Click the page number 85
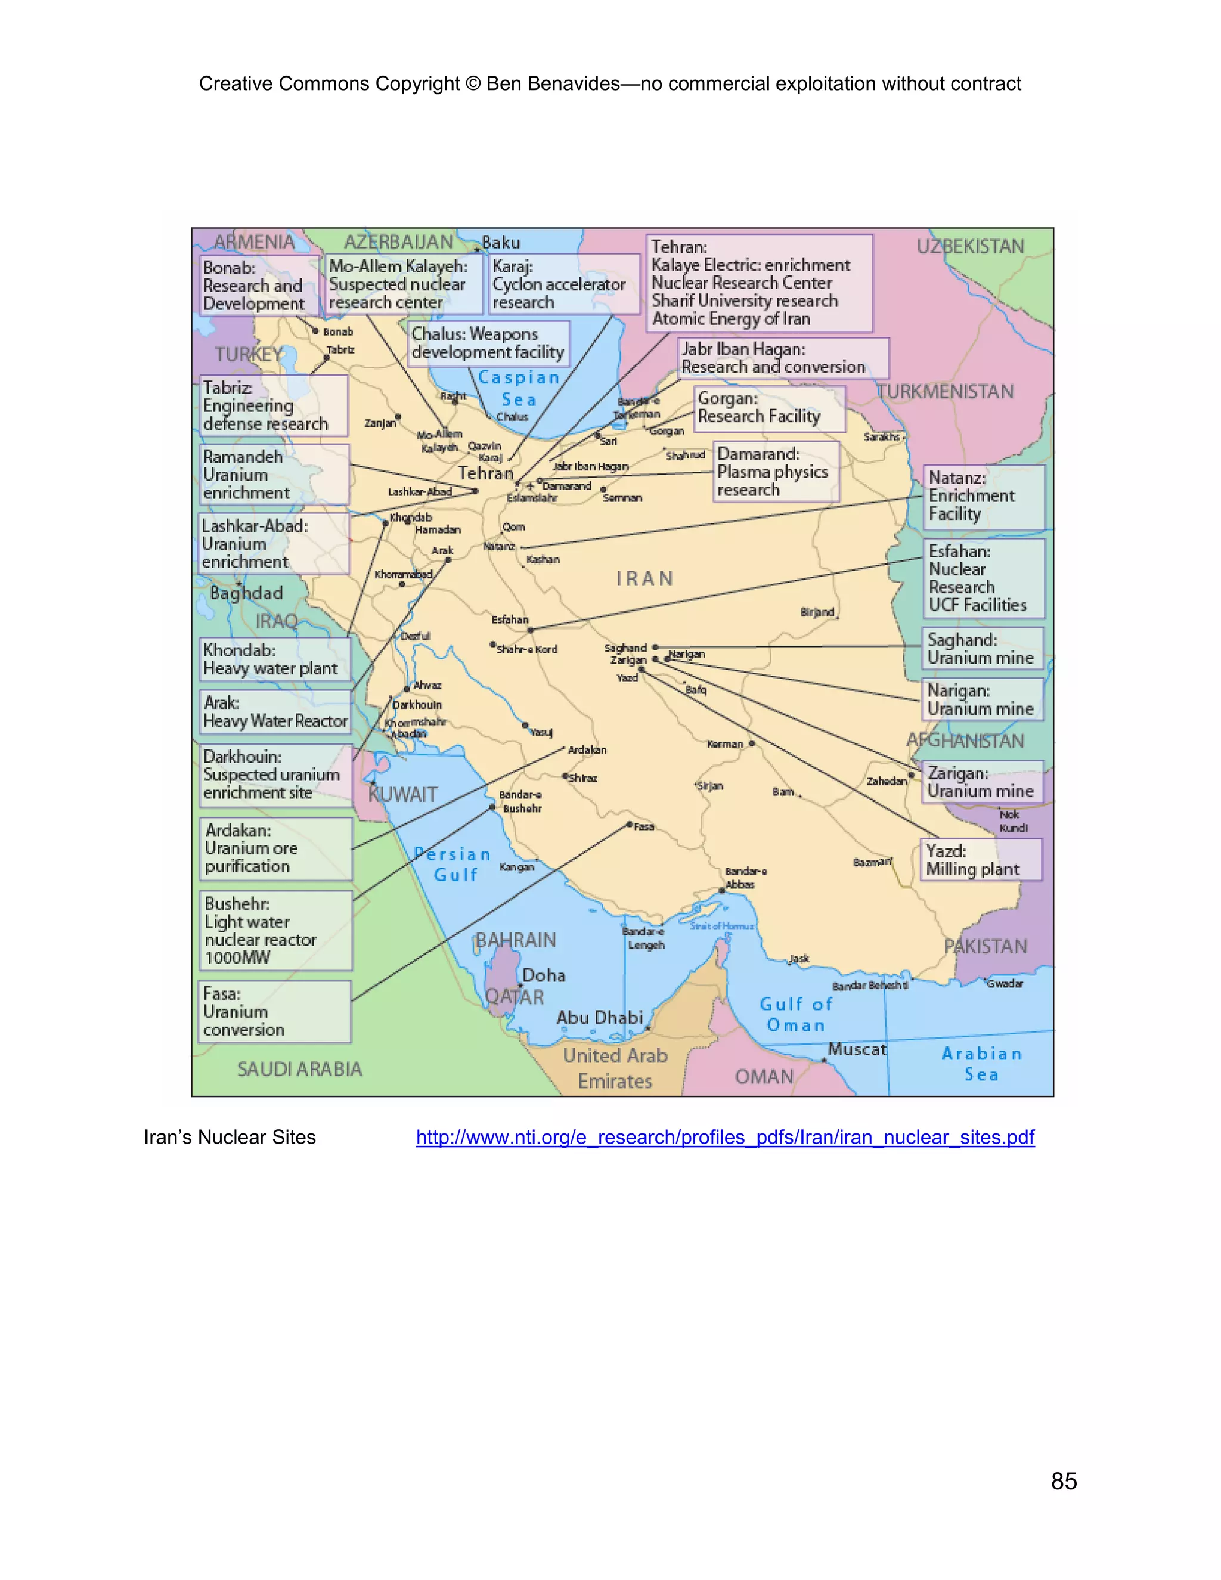pos(1064,1481)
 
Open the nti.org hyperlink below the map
pos(725,1137)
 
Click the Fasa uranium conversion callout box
pos(275,1011)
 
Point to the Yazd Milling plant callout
pos(981,859)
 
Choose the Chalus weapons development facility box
pos(488,343)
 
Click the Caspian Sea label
pos(519,389)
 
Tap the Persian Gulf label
pos(454,865)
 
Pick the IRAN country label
pos(644,579)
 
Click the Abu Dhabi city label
pos(599,1017)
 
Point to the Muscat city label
pos(857,1049)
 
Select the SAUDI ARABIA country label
pos(299,1069)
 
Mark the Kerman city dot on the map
pos(752,743)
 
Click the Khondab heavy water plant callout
pos(275,659)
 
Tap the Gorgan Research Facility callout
pos(769,408)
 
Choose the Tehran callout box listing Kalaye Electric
pos(759,283)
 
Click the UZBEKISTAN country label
pos(970,247)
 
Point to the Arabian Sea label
pos(981,1064)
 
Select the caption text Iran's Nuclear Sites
pos(230,1137)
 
